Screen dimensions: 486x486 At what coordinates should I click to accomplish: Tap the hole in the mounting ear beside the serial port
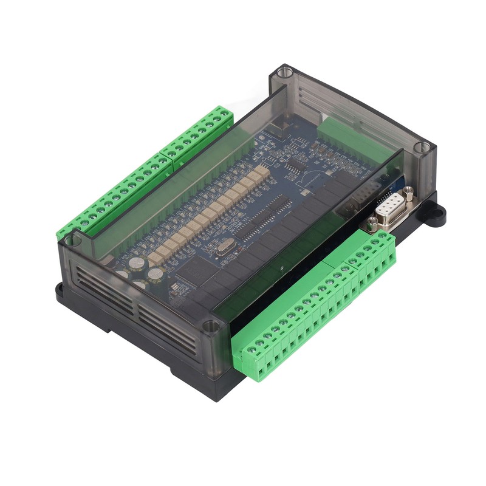[435, 216]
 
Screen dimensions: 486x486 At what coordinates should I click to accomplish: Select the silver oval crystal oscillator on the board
[222, 246]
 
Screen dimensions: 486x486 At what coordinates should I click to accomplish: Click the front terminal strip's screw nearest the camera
[251, 351]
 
